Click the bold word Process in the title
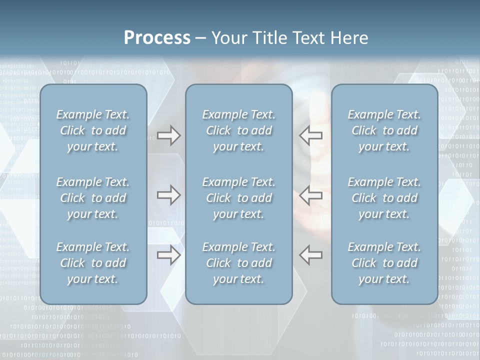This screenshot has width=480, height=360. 157,37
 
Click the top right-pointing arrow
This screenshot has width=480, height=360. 168,135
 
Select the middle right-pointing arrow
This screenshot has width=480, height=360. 168,195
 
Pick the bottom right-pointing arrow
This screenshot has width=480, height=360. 168,255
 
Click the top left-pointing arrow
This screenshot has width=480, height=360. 310,135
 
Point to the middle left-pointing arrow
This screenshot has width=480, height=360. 310,195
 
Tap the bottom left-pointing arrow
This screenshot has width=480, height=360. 310,255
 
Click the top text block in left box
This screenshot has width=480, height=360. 93,130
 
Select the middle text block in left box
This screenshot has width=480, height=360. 93,198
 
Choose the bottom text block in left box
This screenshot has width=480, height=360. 93,263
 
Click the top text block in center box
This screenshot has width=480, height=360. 238,130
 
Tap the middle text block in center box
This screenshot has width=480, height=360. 238,198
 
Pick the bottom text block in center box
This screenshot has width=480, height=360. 238,263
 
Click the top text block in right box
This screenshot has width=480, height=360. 384,130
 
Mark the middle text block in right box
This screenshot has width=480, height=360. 384,198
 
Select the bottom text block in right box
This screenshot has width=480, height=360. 384,263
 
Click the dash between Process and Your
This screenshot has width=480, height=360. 200,38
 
